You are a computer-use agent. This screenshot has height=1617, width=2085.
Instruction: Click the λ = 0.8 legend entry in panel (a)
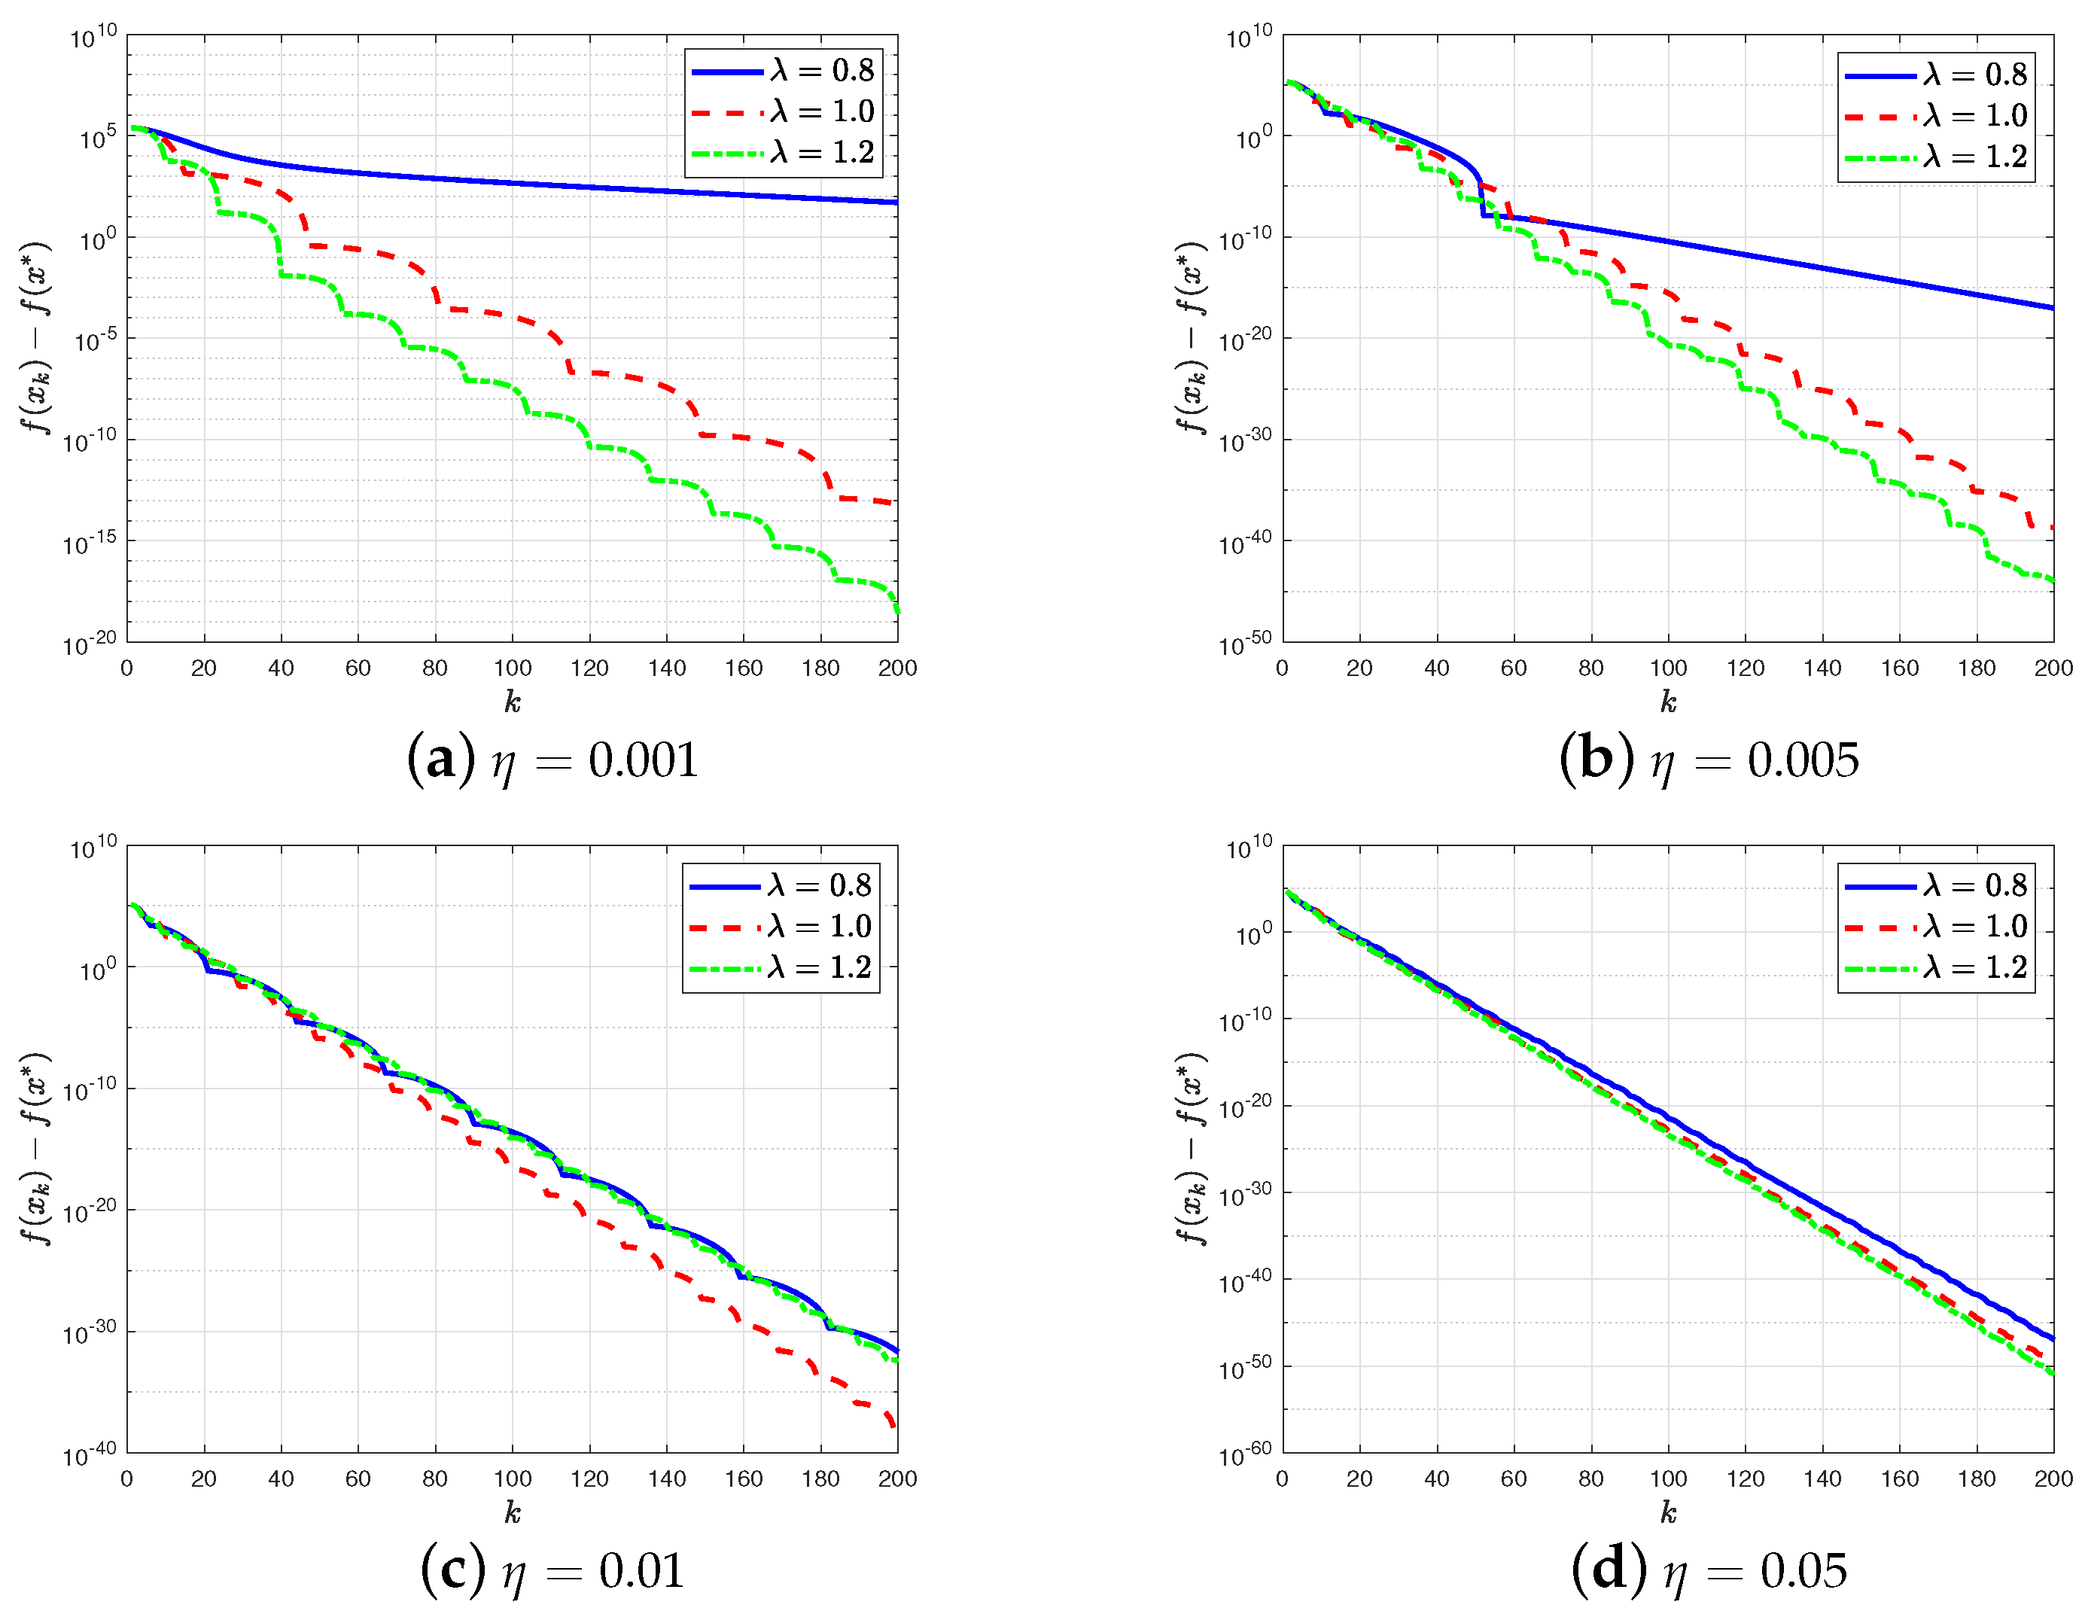(783, 71)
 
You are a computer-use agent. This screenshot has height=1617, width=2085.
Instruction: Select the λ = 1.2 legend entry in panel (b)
(1936, 157)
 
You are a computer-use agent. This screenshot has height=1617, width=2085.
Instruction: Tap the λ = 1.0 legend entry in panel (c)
(780, 926)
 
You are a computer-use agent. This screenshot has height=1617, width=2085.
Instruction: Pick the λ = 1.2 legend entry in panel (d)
(1936, 967)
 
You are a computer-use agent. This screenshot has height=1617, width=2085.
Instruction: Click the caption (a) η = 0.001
(552, 760)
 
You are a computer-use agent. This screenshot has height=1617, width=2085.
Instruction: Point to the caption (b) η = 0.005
(1709, 760)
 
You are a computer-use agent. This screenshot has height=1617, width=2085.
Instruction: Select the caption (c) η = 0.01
(552, 1570)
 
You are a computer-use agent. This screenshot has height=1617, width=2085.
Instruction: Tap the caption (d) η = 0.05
(1709, 1570)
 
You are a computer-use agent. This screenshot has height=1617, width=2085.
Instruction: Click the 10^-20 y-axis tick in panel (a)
(90, 644)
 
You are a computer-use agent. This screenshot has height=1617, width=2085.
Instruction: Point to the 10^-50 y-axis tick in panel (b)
(1246, 644)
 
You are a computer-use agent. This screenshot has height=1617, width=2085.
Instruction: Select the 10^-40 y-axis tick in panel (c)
(90, 1454)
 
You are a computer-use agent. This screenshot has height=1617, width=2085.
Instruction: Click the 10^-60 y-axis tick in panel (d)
(1246, 1454)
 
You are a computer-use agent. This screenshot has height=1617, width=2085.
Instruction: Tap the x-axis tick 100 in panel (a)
(513, 668)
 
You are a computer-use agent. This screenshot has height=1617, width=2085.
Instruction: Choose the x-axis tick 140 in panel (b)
(1822, 668)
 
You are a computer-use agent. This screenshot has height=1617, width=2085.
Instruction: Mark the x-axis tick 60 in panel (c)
(358, 1478)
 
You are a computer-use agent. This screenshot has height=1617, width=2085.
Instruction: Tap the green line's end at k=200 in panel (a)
(896, 611)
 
